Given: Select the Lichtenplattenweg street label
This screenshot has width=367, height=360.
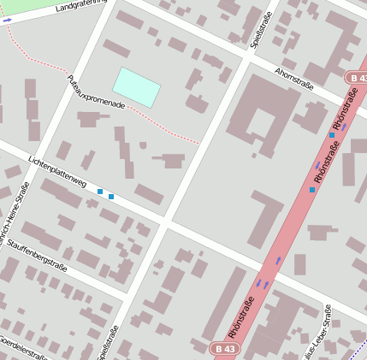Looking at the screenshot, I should [x=57, y=172].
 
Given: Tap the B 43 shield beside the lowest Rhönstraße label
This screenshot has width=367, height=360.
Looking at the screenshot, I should [x=223, y=349].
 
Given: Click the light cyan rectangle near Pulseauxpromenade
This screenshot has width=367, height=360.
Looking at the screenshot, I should [x=137, y=87].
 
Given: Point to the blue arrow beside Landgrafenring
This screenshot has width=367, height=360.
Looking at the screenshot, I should [x=8, y=21].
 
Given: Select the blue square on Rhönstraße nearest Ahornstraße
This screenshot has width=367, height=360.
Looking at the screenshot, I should [x=332, y=135].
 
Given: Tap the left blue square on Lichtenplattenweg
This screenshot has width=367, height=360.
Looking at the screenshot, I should [x=100, y=192].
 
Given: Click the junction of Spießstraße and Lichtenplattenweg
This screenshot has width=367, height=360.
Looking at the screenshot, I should [x=168, y=220].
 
